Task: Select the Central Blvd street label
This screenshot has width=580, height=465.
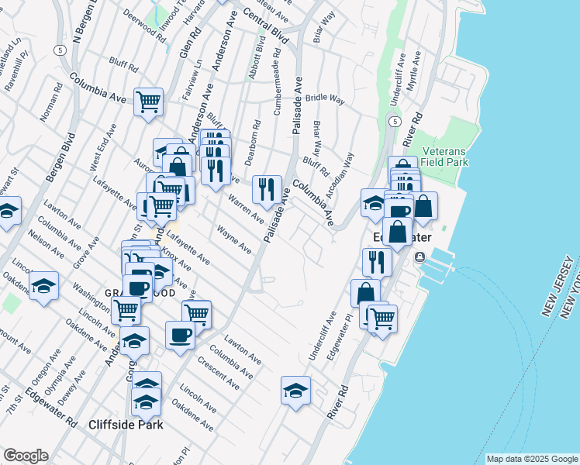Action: coord(265,26)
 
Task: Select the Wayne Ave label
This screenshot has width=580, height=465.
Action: coord(234,240)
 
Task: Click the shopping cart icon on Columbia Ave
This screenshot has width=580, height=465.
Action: coord(148,102)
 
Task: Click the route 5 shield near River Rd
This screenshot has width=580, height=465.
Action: coord(395,122)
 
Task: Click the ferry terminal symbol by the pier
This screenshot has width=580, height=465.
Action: coord(419,257)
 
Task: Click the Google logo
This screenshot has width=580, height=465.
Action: coord(26,456)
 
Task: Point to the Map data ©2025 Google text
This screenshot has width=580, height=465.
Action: coord(531,459)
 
